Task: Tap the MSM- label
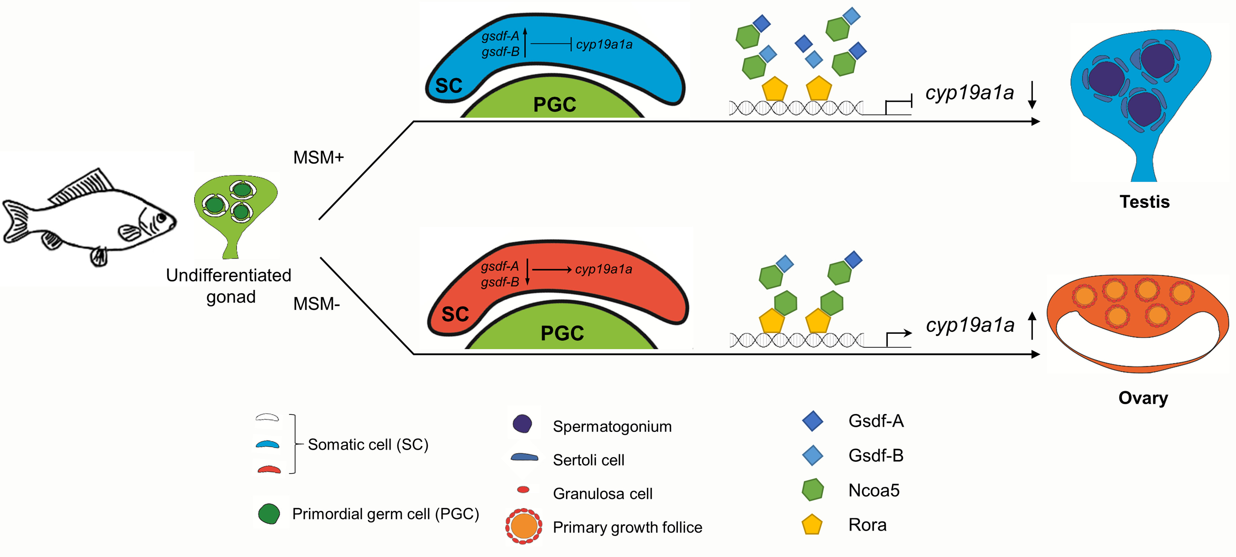[x=316, y=304]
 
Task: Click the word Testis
[x=1144, y=202]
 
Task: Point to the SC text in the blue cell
[x=449, y=86]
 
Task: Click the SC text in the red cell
[x=455, y=315]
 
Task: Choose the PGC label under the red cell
[x=562, y=333]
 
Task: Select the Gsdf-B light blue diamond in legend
[x=812, y=455]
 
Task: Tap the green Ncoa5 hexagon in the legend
[x=812, y=490]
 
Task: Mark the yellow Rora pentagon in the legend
[x=812, y=525]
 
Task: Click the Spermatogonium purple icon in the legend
[x=522, y=424]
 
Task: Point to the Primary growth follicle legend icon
[x=524, y=526]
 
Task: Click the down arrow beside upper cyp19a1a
[x=1032, y=95]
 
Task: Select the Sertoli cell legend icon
[x=524, y=458]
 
